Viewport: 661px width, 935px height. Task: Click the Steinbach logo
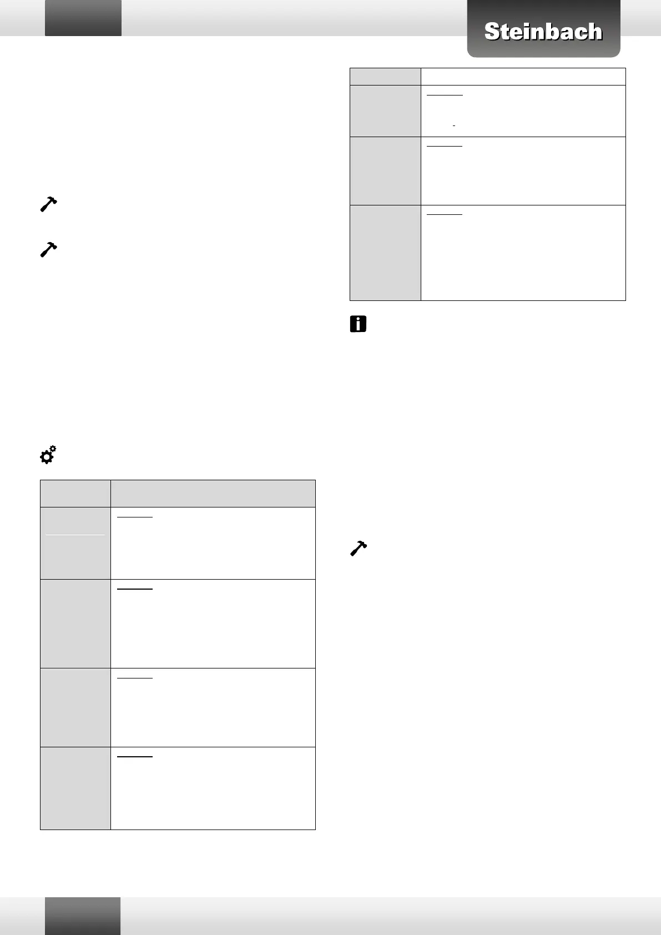click(x=543, y=31)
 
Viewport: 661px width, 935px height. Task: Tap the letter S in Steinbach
click(x=492, y=32)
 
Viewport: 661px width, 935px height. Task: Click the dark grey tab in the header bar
click(x=83, y=18)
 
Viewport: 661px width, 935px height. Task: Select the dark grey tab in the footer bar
click(x=83, y=916)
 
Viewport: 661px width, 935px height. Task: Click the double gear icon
click(x=48, y=455)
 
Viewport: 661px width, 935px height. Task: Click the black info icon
click(x=358, y=324)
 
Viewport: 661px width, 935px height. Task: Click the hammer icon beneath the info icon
click(x=359, y=549)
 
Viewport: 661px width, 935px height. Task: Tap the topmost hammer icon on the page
click(x=49, y=204)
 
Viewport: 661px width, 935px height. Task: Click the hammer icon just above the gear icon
click(x=49, y=249)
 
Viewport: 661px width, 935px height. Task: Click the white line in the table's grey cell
click(x=75, y=535)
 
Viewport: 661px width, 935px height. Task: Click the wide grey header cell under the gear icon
click(x=213, y=493)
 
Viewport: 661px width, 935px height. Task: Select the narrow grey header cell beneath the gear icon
click(x=75, y=493)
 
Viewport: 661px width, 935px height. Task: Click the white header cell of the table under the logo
click(x=523, y=77)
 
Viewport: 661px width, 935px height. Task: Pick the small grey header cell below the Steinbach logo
click(x=385, y=77)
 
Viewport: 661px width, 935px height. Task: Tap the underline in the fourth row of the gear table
click(x=135, y=756)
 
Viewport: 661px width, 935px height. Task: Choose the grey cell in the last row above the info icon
click(x=385, y=253)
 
